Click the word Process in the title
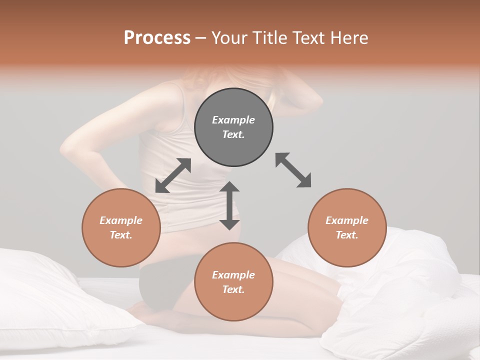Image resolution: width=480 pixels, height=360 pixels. click(x=157, y=38)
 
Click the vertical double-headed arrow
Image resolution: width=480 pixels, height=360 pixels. click(x=229, y=205)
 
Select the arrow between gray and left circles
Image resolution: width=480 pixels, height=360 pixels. click(x=173, y=175)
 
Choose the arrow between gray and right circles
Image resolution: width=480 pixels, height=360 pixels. click(x=293, y=170)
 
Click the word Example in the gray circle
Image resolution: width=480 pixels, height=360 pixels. click(x=233, y=120)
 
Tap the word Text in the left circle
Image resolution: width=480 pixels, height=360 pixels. click(x=121, y=235)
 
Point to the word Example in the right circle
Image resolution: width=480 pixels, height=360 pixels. click(x=347, y=220)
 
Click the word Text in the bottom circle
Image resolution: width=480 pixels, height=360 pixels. click(x=233, y=289)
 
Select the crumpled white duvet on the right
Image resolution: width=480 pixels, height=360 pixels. click(x=410, y=300)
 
